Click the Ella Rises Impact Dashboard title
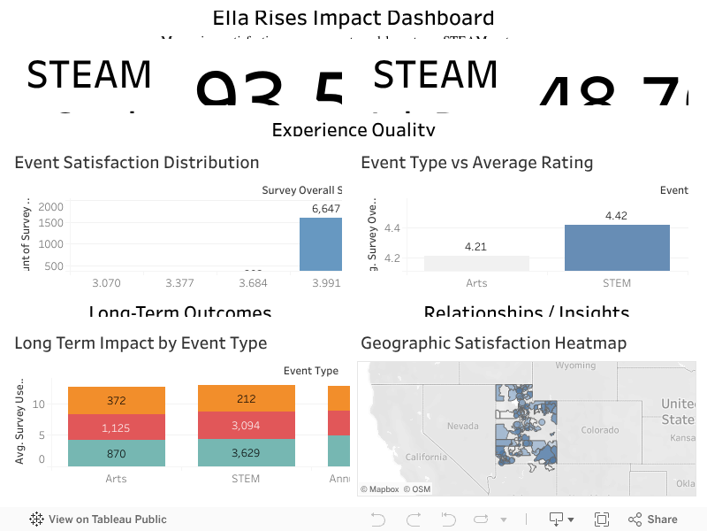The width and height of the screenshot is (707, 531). coord(353,18)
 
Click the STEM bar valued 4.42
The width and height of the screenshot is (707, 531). coord(617,248)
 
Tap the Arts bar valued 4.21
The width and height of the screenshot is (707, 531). coord(476,263)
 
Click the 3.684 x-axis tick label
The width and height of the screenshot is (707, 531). coord(254,283)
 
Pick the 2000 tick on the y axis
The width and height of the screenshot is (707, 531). coord(51,206)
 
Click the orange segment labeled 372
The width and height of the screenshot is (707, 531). coord(117,400)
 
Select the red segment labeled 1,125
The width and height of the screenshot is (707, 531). coord(117,427)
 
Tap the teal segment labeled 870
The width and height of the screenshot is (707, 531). coord(117,453)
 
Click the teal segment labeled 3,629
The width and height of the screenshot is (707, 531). coord(246,453)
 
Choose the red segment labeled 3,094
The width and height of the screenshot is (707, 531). coord(246,426)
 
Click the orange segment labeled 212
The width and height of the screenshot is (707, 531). coord(246,398)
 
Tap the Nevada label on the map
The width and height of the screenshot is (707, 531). coord(462,426)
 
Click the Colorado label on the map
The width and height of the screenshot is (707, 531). coord(600,430)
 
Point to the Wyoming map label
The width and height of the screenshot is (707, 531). coord(575,366)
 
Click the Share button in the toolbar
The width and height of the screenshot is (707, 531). coord(653,519)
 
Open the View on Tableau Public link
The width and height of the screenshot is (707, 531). coord(98,519)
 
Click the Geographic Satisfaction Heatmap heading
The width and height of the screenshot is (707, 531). coord(493,343)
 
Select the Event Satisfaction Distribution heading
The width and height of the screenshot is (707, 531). coord(137,163)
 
